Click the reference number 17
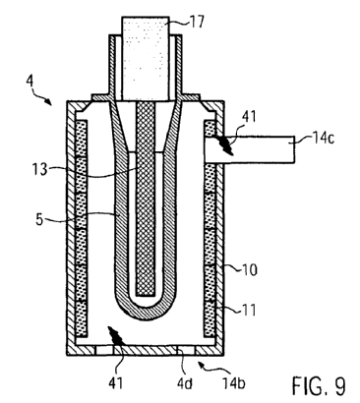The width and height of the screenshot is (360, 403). click(196, 23)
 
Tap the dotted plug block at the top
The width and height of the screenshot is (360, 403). click(146, 58)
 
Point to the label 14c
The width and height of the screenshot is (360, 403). click(323, 138)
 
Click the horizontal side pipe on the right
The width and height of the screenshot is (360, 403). click(250, 149)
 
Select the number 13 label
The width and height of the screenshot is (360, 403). click(39, 169)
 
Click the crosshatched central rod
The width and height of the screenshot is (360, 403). click(146, 199)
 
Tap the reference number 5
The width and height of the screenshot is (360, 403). click(39, 219)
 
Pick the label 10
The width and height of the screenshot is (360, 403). click(250, 270)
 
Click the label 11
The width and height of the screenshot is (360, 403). click(248, 310)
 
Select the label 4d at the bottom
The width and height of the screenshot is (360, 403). click(184, 382)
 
